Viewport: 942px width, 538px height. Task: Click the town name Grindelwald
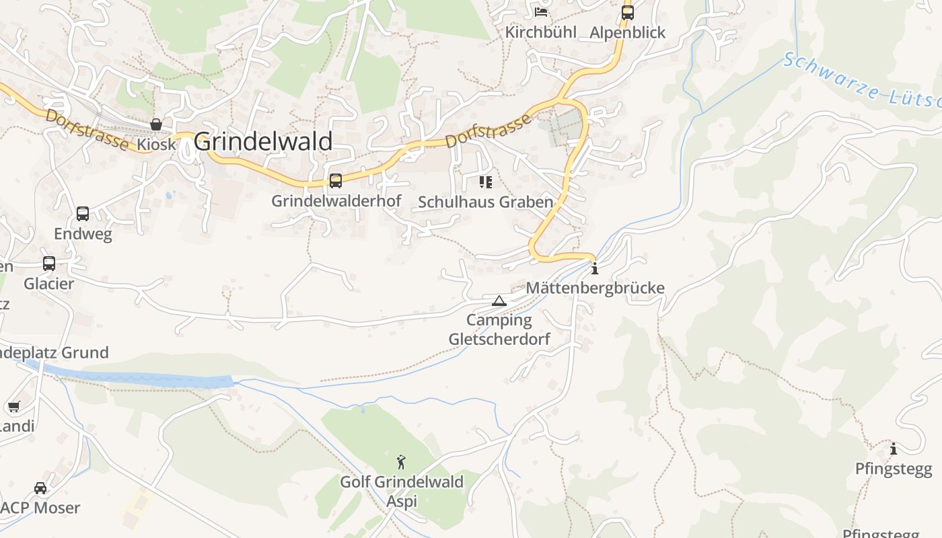point(263,142)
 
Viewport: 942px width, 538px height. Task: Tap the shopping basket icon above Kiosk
point(156,124)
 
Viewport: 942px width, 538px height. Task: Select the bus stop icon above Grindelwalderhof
point(336,180)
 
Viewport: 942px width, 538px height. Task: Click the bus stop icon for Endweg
point(83,214)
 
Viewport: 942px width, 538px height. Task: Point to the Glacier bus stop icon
point(49,264)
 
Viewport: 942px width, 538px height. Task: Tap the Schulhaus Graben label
point(485,202)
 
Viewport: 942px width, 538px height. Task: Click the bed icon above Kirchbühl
point(541,12)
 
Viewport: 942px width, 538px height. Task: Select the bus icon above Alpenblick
point(628,12)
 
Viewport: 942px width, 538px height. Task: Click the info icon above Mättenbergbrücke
point(594,270)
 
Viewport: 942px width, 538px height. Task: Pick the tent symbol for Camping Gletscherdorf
point(499,301)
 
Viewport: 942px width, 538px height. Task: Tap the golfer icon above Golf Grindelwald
point(401,462)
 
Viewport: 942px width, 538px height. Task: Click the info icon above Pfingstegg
point(894,449)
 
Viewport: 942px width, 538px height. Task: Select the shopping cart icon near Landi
point(13,406)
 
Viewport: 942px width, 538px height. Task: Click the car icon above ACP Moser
point(40,488)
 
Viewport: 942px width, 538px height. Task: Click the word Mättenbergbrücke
point(595,289)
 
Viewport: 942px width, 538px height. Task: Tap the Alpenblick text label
point(627,32)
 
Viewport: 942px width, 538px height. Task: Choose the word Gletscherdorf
point(499,339)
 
